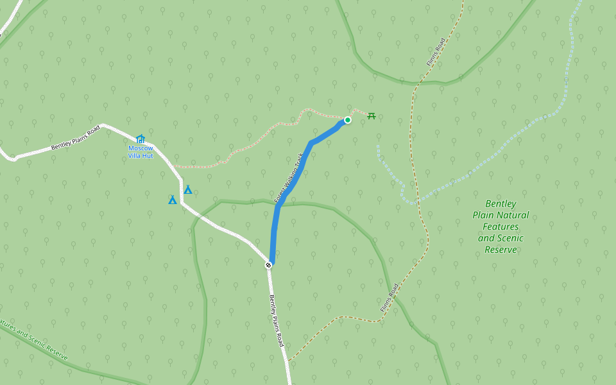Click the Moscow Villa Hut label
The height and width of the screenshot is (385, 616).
pos(141,151)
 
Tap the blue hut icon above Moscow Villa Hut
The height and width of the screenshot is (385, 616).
pos(141,139)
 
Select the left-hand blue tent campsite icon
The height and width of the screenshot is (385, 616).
pos(172,200)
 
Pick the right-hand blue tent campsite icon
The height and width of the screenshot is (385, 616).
pos(188,190)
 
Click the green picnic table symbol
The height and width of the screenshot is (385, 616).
pos(371,116)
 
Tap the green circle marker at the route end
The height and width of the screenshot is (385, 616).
pos(348,120)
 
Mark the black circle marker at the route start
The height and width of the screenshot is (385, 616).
pos(269,264)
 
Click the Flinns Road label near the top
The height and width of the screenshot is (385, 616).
pos(436,53)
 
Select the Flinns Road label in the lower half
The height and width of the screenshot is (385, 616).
pos(389,298)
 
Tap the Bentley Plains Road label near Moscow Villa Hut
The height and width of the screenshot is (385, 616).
pos(76,138)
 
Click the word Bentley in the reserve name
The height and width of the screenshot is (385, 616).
pos(501,203)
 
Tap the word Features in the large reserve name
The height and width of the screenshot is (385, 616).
pos(501,227)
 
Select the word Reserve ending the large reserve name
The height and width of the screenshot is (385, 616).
pos(501,250)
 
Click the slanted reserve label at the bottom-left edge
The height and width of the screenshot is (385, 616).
pos(32,338)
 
